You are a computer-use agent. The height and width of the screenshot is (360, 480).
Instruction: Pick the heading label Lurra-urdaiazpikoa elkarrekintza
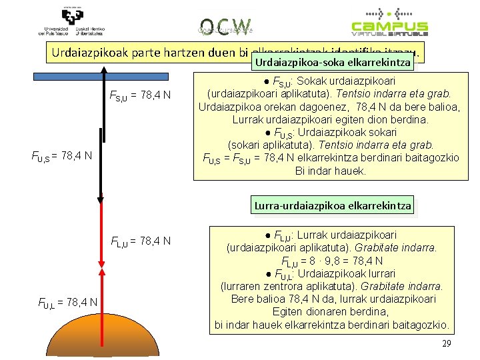(x=332, y=205)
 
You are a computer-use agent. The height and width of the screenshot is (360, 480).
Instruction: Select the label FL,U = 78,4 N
(x=141, y=241)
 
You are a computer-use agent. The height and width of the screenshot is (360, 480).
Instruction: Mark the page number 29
(x=447, y=343)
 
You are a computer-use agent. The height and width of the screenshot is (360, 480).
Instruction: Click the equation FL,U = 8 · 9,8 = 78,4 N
(x=332, y=261)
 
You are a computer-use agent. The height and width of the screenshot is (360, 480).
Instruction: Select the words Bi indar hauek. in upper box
(x=331, y=171)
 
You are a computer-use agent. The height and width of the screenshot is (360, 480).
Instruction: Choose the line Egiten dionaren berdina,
(x=332, y=311)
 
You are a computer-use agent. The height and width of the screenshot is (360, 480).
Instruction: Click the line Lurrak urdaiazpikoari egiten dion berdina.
(x=331, y=120)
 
